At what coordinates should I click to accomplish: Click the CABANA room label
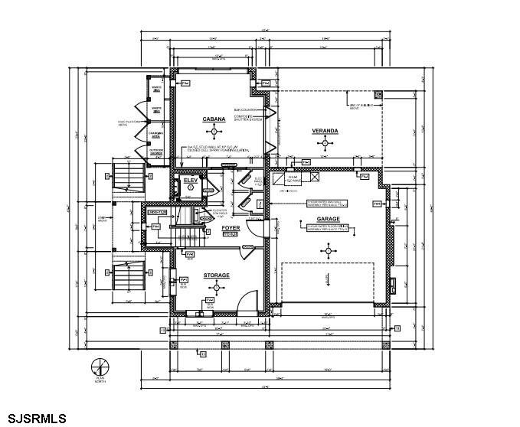pos(213,120)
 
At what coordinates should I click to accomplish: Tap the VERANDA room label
pos(325,132)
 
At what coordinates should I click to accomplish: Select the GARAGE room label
pos(328,219)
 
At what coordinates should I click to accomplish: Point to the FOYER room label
pos(231,228)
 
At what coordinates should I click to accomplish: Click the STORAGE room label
pos(216,275)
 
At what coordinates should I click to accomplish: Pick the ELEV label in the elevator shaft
pos(190,180)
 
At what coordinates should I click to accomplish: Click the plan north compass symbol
pos(98,366)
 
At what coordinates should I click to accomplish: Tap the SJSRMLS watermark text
pos(34,418)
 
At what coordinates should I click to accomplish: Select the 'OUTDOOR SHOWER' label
pos(156,152)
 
